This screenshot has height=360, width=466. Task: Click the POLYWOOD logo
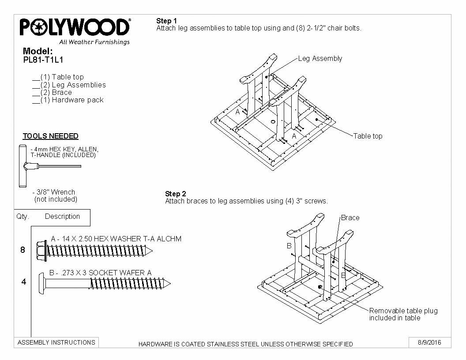(75, 28)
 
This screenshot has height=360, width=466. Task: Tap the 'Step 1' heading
(166, 21)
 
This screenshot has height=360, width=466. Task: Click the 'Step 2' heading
(175, 194)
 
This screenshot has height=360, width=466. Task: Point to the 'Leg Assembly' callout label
(320, 58)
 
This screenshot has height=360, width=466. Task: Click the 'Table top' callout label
(368, 136)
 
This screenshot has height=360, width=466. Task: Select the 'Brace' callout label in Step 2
(350, 217)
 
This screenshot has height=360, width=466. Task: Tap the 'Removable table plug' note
(403, 314)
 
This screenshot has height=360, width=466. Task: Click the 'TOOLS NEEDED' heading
(50, 136)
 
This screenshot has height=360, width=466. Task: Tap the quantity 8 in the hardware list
(23, 250)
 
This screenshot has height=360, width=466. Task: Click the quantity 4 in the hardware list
(24, 282)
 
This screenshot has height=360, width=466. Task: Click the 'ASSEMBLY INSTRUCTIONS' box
(56, 342)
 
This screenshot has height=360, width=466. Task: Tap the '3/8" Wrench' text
(54, 192)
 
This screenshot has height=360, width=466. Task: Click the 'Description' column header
(62, 217)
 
